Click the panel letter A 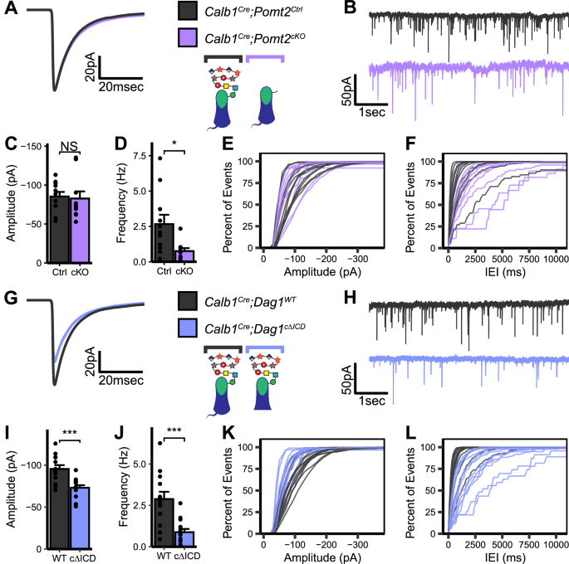point(9,9)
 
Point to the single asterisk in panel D point(174,146)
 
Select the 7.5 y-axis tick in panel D point(133,156)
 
